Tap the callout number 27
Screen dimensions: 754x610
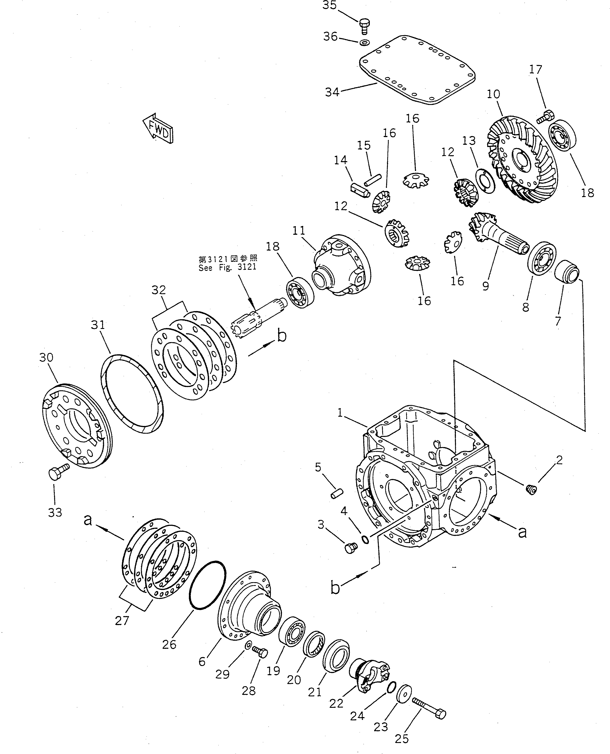pos(122,621)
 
